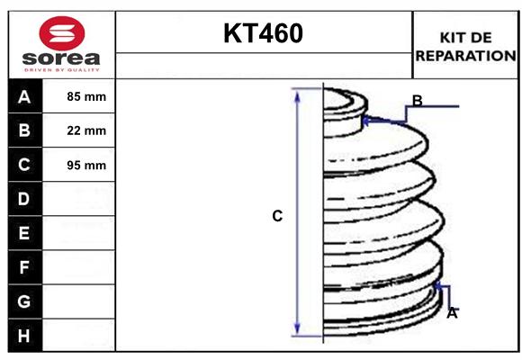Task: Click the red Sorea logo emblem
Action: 62,33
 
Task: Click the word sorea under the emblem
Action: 61,58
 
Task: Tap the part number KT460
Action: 263,33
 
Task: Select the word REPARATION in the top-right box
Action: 465,56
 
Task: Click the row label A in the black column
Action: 24,97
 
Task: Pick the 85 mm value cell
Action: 86,96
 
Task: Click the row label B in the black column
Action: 24,130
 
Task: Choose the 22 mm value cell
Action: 86,130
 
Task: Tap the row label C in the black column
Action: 24,165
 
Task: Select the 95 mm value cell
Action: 86,166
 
